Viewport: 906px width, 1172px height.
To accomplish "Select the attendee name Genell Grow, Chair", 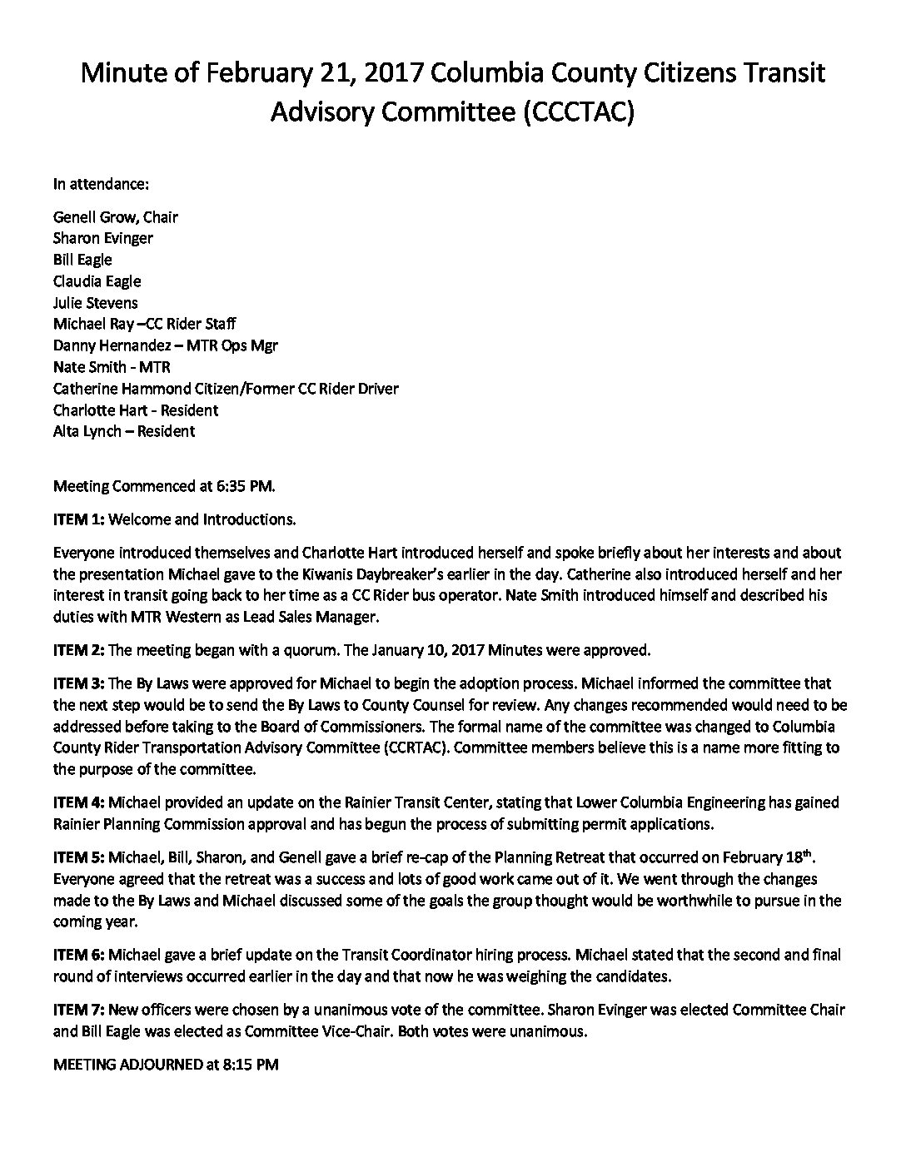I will tap(115, 217).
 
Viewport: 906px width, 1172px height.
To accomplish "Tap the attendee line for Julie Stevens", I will tap(95, 303).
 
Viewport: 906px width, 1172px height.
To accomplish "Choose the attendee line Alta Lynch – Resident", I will tap(123, 431).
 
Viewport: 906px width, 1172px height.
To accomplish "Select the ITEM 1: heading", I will tap(78, 519).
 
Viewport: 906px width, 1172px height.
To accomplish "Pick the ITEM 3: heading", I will tap(78, 683).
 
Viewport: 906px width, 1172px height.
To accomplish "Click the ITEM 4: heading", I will tap(78, 803).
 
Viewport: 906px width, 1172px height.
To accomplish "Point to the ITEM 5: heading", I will tap(78, 857).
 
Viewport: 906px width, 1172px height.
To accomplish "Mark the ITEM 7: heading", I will tap(78, 1010).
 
